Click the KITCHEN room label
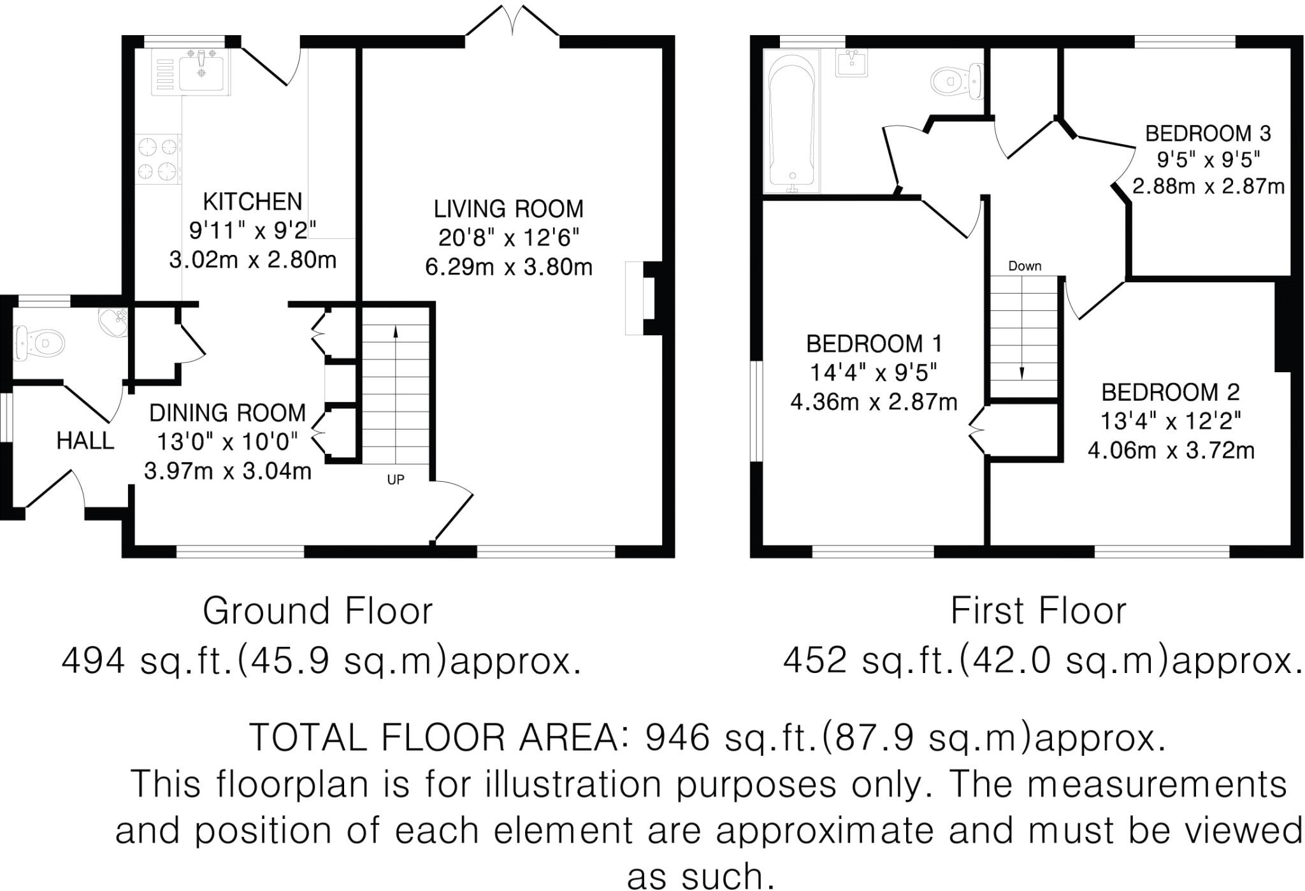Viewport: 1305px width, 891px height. click(252, 201)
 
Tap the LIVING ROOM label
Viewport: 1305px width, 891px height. click(508, 209)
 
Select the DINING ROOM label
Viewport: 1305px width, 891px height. click(227, 413)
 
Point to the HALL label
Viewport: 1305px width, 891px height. click(85, 440)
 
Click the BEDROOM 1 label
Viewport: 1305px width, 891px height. click(874, 344)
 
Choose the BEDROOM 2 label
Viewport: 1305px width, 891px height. click(1171, 393)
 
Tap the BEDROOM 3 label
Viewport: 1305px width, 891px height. click(1208, 134)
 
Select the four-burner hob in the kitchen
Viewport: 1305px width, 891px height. click(158, 158)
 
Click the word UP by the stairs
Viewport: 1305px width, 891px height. click(396, 480)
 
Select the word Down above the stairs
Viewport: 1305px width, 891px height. click(1025, 266)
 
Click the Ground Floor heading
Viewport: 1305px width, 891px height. click(317, 611)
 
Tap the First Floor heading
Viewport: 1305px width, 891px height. click(1038, 611)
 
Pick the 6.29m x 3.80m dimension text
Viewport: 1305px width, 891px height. click(508, 266)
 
